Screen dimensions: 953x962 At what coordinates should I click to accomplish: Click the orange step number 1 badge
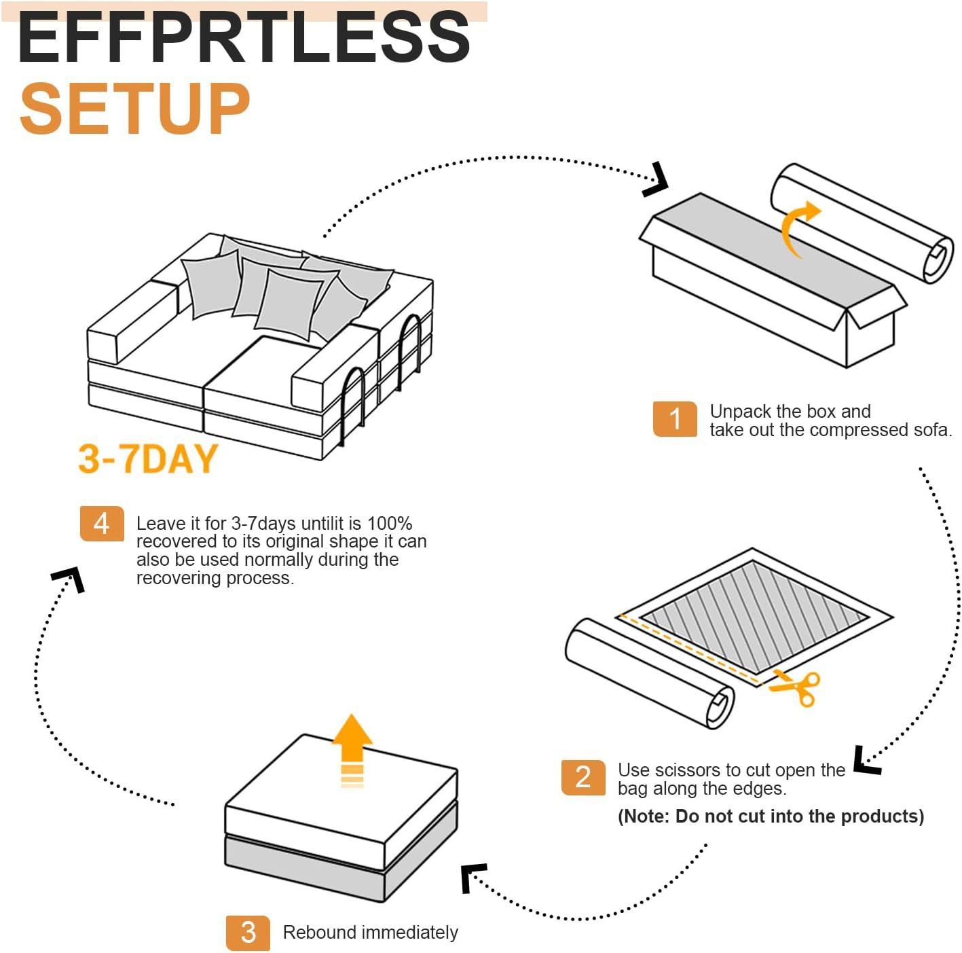tap(674, 418)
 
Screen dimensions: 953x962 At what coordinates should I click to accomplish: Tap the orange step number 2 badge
tap(582, 777)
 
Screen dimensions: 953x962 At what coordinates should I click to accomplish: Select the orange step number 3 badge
tap(248, 933)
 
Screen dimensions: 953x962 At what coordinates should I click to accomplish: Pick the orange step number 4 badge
tap(102, 524)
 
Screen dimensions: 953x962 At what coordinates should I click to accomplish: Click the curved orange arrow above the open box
tap(798, 228)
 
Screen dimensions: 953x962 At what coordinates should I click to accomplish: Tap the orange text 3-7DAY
tap(147, 458)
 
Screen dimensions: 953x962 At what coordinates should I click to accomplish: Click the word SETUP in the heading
tap(135, 109)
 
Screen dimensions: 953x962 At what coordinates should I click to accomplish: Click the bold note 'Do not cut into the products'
tap(771, 816)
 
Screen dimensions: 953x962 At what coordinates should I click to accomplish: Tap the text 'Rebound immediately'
tap(370, 933)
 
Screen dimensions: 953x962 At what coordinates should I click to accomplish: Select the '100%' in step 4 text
tap(389, 524)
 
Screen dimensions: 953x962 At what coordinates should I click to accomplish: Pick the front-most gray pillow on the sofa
tap(289, 304)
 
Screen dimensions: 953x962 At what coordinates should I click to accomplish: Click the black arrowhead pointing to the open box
tap(656, 180)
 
